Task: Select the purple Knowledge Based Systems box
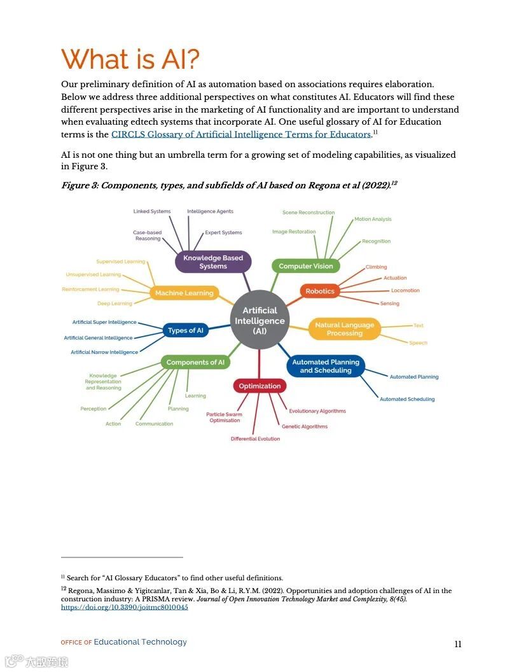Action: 213,262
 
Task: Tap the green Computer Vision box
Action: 306,266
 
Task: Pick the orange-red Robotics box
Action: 320,291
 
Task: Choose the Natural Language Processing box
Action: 344,329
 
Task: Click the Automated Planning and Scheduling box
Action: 326,366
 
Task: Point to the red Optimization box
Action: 259,386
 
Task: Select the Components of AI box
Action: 195,362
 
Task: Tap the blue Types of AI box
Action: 186,330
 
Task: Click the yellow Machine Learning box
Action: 184,293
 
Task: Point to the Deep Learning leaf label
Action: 114,304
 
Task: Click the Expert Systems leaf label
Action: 223,233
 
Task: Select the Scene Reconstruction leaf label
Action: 308,213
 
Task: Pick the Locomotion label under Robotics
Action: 405,290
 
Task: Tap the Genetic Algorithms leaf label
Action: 305,426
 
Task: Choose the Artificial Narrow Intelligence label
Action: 104,352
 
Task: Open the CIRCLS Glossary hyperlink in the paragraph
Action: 241,134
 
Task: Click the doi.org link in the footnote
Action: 124,607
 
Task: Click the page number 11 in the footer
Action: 458,644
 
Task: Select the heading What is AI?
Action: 130,59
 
